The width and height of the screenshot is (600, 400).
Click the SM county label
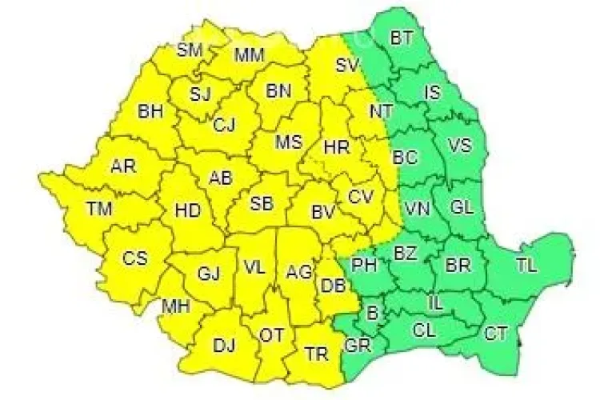click(190, 50)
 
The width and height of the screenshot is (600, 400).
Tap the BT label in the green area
click(402, 37)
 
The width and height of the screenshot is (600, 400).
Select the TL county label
click(527, 265)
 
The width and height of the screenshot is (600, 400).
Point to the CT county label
click(496, 334)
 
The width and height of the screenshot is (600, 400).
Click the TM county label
click(99, 210)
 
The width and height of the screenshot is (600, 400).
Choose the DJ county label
click(223, 346)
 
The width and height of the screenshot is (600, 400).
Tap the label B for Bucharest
click(371, 314)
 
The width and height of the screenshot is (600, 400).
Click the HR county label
click(335, 147)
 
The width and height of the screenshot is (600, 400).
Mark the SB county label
click(261, 203)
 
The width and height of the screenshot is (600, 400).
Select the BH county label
click(150, 112)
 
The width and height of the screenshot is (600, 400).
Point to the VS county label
click(459, 146)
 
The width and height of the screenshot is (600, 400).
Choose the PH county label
click(364, 264)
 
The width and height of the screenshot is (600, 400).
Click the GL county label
click(462, 207)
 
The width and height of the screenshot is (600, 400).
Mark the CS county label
click(134, 258)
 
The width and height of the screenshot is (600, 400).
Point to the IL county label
click(435, 303)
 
